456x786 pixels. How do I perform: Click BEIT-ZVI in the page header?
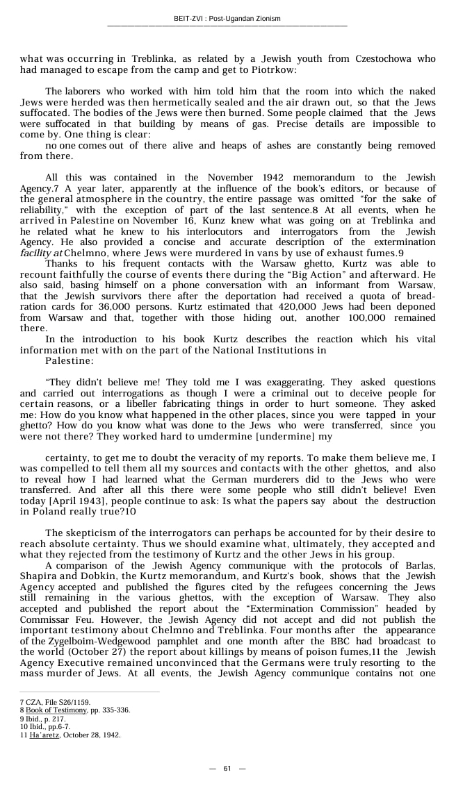coord(190,19)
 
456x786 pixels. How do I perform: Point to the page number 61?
coord(227,768)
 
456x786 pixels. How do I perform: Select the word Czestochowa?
coord(360,59)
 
